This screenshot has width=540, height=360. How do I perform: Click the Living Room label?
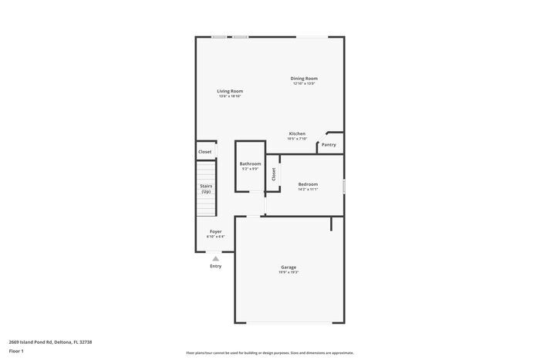pos(230,91)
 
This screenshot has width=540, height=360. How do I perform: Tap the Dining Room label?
pos(304,79)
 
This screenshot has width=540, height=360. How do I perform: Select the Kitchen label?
pos(297,133)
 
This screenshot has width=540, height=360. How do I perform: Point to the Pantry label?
pos(329,144)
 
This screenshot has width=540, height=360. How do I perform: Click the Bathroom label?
pos(250,163)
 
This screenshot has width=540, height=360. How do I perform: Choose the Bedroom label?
pos(308,184)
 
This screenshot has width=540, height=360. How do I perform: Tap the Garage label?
pos(289,267)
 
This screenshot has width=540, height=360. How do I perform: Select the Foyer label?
pos(216,231)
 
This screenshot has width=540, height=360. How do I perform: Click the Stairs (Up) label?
pos(206,188)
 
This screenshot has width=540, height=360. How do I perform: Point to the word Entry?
pos(216,266)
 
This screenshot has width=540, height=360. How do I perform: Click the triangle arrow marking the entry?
pos(216,259)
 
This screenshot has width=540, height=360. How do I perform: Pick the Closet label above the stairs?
pos(205,152)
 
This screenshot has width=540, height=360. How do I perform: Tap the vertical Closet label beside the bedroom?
pos(273,175)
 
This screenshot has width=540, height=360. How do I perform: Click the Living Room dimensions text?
pos(230,96)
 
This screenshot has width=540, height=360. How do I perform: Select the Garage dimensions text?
pos(289,273)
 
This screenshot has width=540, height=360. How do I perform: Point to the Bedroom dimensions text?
pos(308,190)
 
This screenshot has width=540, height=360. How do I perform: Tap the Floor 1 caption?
pos(17,352)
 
